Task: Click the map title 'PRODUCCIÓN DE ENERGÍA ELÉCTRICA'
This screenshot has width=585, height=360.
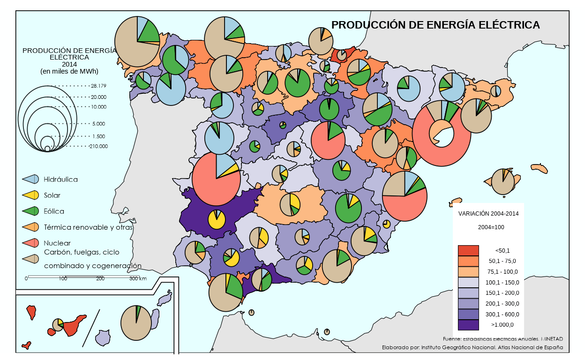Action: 435,25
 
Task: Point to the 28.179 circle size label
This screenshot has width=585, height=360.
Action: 99,86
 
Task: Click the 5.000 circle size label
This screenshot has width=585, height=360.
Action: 99,124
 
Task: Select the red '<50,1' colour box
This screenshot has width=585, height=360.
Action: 468,250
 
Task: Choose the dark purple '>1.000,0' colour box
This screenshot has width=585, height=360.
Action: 468,324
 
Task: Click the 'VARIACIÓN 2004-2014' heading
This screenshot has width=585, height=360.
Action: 488,213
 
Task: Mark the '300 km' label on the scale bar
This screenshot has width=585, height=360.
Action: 138,279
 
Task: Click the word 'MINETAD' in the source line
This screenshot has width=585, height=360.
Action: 552,338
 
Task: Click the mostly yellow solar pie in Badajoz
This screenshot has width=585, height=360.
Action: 217,219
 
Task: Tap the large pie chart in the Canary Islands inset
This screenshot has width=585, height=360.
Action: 136,323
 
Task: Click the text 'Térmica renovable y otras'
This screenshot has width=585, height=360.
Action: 88,227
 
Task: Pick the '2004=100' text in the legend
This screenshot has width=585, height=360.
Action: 488,227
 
